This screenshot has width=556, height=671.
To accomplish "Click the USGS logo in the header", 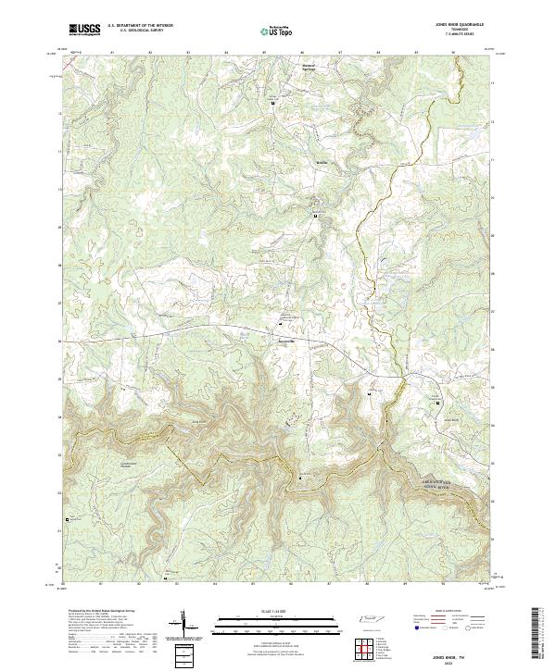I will click(83, 30).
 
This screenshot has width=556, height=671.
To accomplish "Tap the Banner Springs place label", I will click(310, 67).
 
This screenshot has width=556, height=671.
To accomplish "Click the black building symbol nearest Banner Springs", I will click(272, 104).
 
